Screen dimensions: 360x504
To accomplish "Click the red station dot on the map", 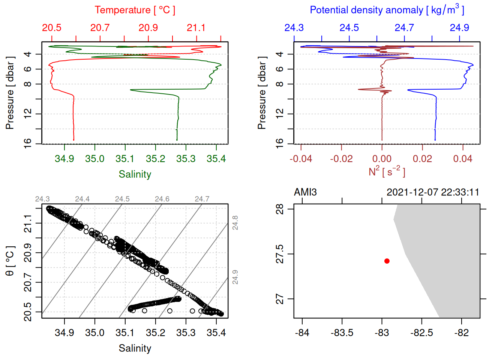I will click(x=387, y=261).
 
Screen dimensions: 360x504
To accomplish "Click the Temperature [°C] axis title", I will click(x=135, y=10).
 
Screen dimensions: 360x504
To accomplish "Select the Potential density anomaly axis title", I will click(x=387, y=10).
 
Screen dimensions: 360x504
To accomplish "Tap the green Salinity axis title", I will click(x=135, y=174).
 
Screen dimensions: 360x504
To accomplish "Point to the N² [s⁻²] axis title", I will click(x=387, y=171).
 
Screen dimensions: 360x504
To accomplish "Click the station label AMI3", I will click(x=305, y=192).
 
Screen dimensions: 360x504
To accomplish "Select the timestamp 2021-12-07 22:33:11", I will click(x=433, y=192).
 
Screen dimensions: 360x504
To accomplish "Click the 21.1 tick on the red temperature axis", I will click(x=196, y=28).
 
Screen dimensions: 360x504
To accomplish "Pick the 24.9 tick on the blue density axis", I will click(x=459, y=28).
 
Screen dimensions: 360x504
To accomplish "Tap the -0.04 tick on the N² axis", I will click(x=301, y=159).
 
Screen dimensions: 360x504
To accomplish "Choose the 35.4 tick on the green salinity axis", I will click(x=216, y=159).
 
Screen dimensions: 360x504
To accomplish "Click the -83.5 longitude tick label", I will click(x=342, y=333).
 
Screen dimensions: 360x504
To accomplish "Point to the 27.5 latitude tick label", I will click(x=280, y=254).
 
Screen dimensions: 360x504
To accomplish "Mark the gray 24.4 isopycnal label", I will click(x=82, y=199).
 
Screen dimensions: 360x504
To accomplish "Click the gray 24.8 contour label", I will click(x=235, y=223).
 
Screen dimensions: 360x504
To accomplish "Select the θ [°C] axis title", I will click(x=10, y=261).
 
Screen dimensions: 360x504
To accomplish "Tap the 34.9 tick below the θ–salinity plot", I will click(x=64, y=333).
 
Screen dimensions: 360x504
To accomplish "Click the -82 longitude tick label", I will click(x=461, y=333).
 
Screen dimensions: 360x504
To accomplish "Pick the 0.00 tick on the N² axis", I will click(x=382, y=159).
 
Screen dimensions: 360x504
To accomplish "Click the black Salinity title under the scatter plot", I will click(x=135, y=348).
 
